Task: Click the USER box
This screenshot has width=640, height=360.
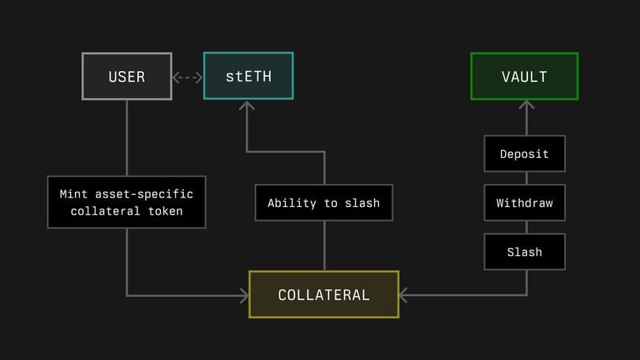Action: point(126,77)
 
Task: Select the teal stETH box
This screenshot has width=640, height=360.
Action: point(249,77)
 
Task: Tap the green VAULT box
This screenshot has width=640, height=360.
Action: point(524,77)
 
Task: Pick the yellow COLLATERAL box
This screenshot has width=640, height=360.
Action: point(324,294)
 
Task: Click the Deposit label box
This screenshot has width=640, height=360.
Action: point(524,154)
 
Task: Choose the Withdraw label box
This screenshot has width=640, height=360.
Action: point(524,203)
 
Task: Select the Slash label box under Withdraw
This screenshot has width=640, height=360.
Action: point(524,252)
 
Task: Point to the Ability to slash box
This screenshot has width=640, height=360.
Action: point(324,203)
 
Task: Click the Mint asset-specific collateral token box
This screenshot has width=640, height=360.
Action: point(126,202)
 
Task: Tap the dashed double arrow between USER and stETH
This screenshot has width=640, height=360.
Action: point(188,77)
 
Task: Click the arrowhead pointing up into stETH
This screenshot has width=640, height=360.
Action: point(248,106)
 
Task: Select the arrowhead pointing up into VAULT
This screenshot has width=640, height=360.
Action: point(526,105)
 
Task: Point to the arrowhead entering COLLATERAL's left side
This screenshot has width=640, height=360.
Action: point(244,295)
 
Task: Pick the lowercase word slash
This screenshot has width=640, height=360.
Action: point(361,203)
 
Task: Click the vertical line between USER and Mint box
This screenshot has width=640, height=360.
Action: point(126,137)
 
